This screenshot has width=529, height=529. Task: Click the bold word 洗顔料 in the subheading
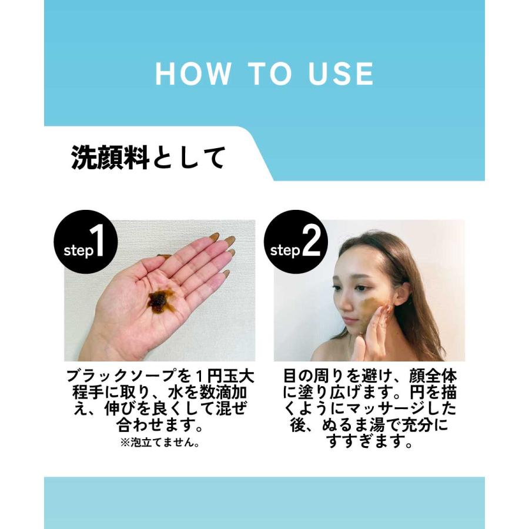point(111,158)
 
